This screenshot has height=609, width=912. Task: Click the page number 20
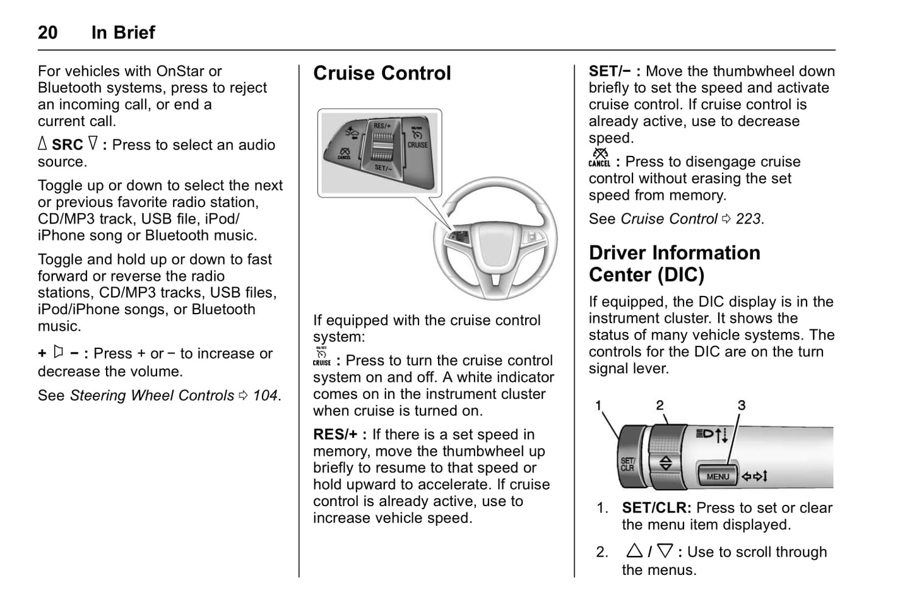click(48, 33)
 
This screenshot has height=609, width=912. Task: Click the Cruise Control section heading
click(382, 73)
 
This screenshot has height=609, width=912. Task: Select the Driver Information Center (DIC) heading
click(674, 264)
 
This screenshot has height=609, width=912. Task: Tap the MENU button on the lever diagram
click(718, 476)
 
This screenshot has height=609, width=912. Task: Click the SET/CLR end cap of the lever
click(628, 464)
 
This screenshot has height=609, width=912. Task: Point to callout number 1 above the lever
click(598, 406)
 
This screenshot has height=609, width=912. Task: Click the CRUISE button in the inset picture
click(417, 145)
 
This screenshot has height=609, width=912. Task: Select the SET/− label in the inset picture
click(382, 168)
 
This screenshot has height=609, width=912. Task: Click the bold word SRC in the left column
click(68, 145)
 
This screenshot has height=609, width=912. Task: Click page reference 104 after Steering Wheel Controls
click(265, 396)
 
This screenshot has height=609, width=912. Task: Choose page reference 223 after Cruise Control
click(748, 219)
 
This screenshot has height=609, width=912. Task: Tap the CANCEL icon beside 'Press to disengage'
click(599, 158)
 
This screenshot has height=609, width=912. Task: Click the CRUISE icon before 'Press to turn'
click(322, 357)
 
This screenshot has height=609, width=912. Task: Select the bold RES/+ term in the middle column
click(335, 435)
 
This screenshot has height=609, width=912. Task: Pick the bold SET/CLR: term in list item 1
click(656, 508)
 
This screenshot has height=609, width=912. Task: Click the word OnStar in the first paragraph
click(180, 71)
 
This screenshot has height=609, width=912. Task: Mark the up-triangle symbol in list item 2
click(634, 551)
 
